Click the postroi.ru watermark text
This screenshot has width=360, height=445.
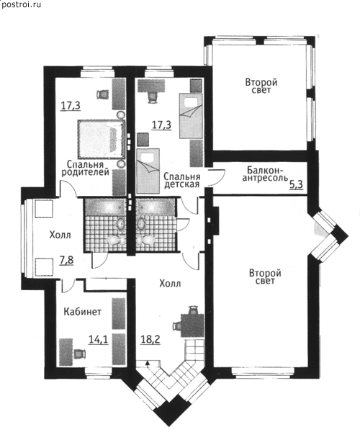click(22, 4)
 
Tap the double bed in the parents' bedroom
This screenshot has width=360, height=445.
click(102, 139)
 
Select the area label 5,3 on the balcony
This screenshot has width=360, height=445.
click(296, 184)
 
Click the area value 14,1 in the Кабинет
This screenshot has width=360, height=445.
click(98, 339)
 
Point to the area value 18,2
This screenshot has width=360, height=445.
click(150, 339)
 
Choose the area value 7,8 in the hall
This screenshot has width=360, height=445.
click(66, 260)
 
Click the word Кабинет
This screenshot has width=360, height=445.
click(82, 312)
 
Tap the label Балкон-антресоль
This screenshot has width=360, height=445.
click(266, 174)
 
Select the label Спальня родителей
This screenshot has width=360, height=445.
click(85, 168)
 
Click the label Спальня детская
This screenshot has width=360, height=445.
click(182, 180)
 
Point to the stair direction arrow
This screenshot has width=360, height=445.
click(147, 363)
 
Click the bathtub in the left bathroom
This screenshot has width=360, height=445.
click(105, 207)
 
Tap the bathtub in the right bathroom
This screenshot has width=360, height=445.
click(155, 207)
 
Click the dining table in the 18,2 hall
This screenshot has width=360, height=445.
click(193, 325)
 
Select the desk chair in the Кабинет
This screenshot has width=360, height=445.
click(79, 354)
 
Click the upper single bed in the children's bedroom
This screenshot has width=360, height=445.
click(191, 116)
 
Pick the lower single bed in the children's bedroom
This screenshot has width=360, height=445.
click(148, 171)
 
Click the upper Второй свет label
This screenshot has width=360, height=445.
click(261, 86)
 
